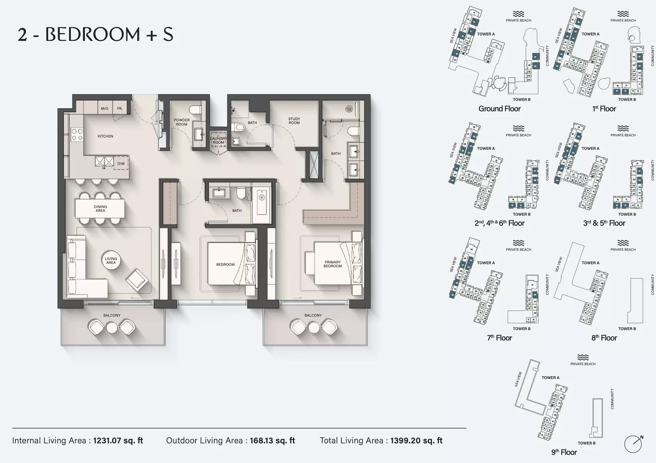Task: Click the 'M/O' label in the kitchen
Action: click(104, 109)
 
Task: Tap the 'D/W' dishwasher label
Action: click(121, 164)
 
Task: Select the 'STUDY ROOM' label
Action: click(294, 121)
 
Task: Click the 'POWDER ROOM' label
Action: click(182, 122)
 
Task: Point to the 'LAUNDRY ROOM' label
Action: click(219, 140)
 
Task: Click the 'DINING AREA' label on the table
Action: click(100, 209)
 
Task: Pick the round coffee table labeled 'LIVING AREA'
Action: click(111, 261)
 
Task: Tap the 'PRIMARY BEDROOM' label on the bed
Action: click(333, 264)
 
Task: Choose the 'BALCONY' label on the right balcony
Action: click(313, 315)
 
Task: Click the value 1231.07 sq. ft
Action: click(118, 441)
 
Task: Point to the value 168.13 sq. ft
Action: click(272, 441)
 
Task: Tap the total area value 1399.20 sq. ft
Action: click(416, 441)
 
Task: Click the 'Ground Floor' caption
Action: click(500, 109)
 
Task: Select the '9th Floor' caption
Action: click(564, 452)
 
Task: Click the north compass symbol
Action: click(633, 444)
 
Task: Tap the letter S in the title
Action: click(168, 35)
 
